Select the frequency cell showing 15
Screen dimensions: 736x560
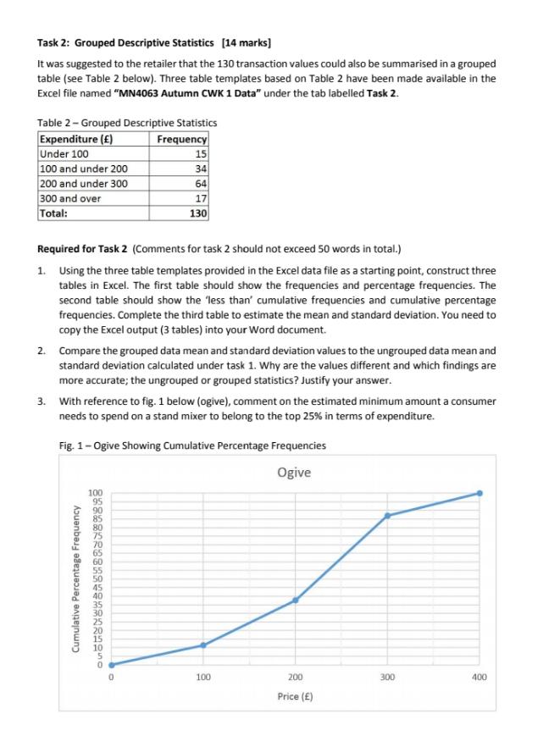200,153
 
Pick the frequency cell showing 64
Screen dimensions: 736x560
200,182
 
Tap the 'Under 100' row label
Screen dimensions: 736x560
64,153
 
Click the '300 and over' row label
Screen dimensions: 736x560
71,197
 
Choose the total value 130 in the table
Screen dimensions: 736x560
197,213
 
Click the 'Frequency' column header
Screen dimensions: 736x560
182,139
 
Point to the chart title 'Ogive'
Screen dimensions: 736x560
293,471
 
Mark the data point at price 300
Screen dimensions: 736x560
387,516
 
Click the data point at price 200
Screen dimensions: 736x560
295,600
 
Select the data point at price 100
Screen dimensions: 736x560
202,645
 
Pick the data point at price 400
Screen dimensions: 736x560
480,493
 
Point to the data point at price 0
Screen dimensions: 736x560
110,665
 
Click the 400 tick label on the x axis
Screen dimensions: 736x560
480,678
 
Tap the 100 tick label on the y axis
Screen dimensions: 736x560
95,492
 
